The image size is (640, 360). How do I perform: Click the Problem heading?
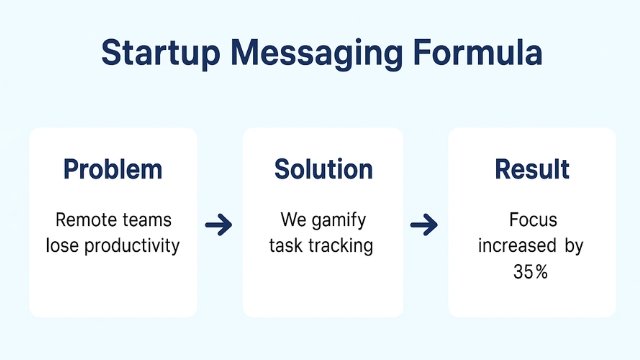pyautogui.click(x=112, y=170)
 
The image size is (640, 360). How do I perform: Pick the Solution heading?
pyautogui.click(x=322, y=170)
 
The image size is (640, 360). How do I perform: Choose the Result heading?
pyautogui.click(x=531, y=170)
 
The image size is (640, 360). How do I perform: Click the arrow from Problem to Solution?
pyautogui.click(x=218, y=225)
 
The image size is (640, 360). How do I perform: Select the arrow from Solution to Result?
pyautogui.click(x=424, y=225)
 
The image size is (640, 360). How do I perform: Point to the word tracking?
pyautogui.click(x=342, y=245)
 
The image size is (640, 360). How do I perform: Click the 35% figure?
pyautogui.click(x=532, y=271)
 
